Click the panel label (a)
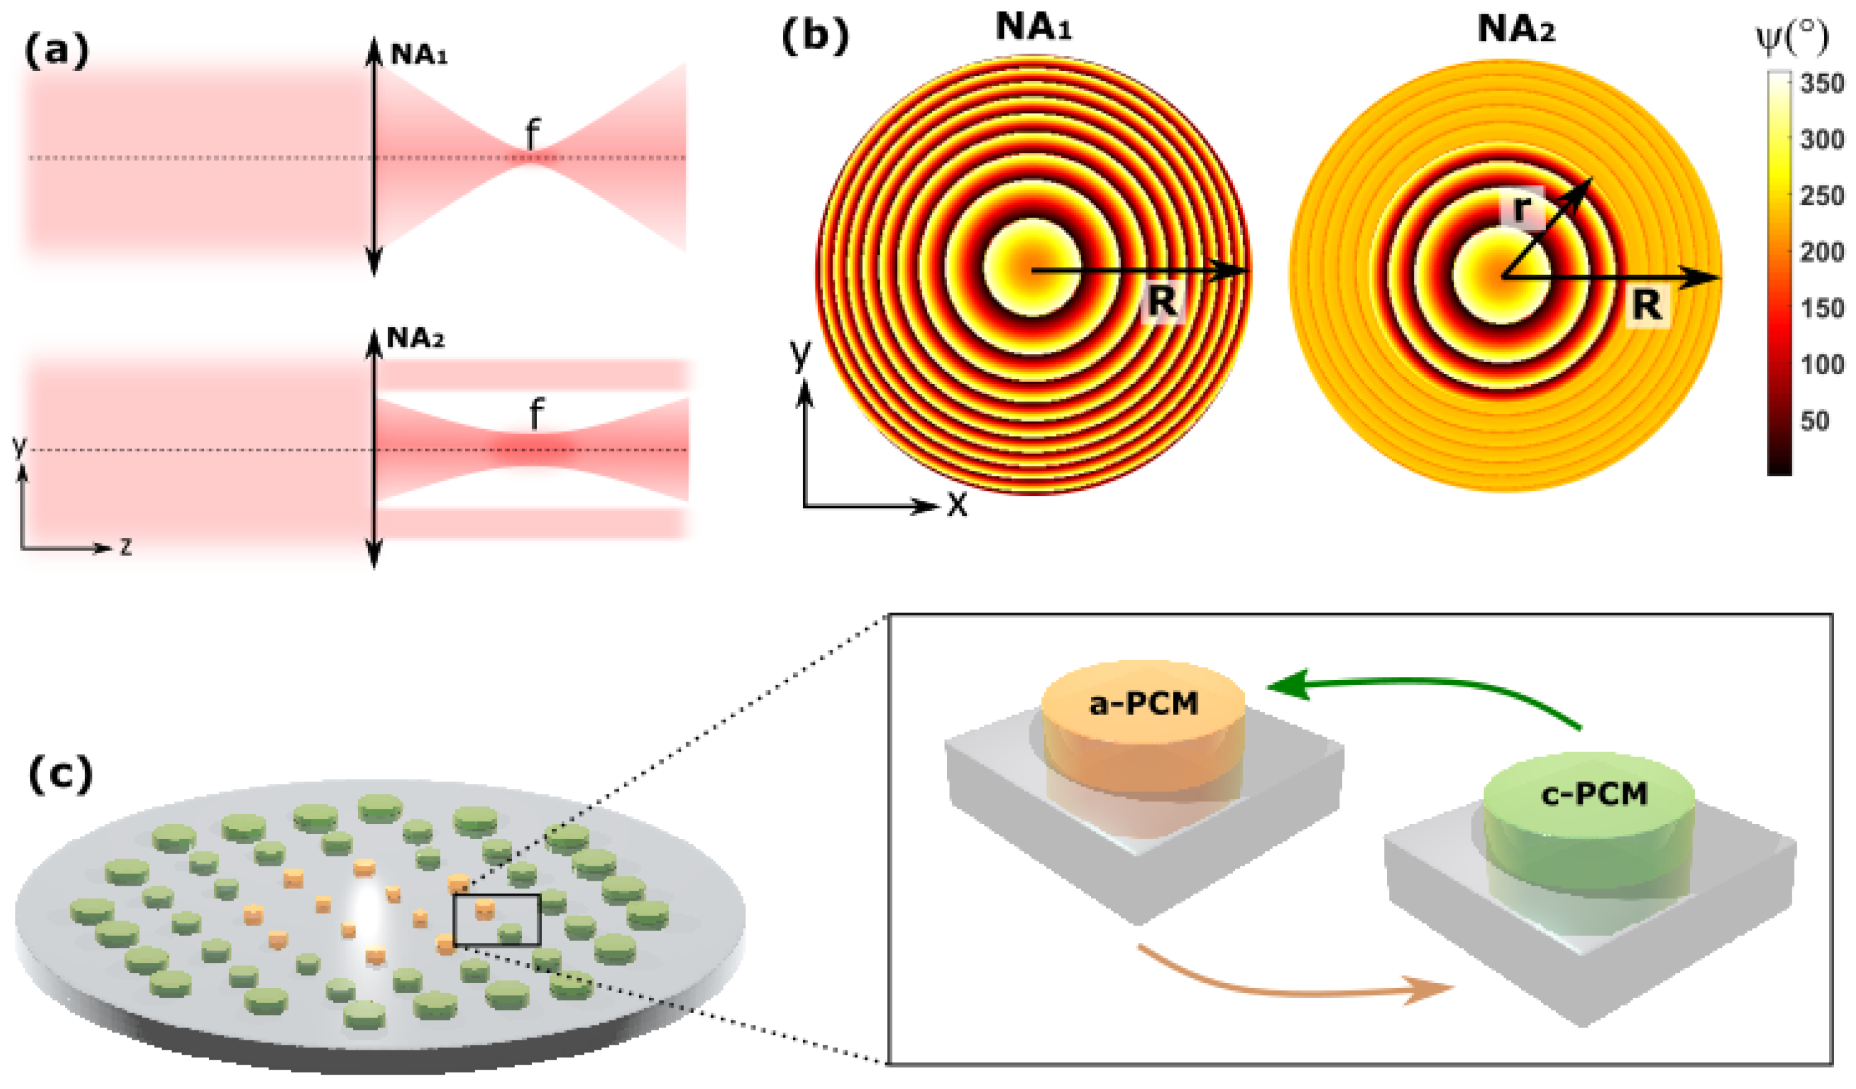[x=56, y=52]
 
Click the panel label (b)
[x=815, y=36]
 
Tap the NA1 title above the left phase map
[x=1033, y=27]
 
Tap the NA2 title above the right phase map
[x=1517, y=29]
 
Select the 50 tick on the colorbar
[x=1814, y=421]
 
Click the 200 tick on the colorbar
[x=1822, y=253]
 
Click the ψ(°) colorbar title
[x=1792, y=38]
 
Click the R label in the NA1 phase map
[x=1162, y=301]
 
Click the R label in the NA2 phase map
[x=1648, y=305]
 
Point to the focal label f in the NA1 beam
[x=532, y=134]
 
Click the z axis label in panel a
[x=126, y=547]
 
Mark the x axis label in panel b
[x=957, y=505]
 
